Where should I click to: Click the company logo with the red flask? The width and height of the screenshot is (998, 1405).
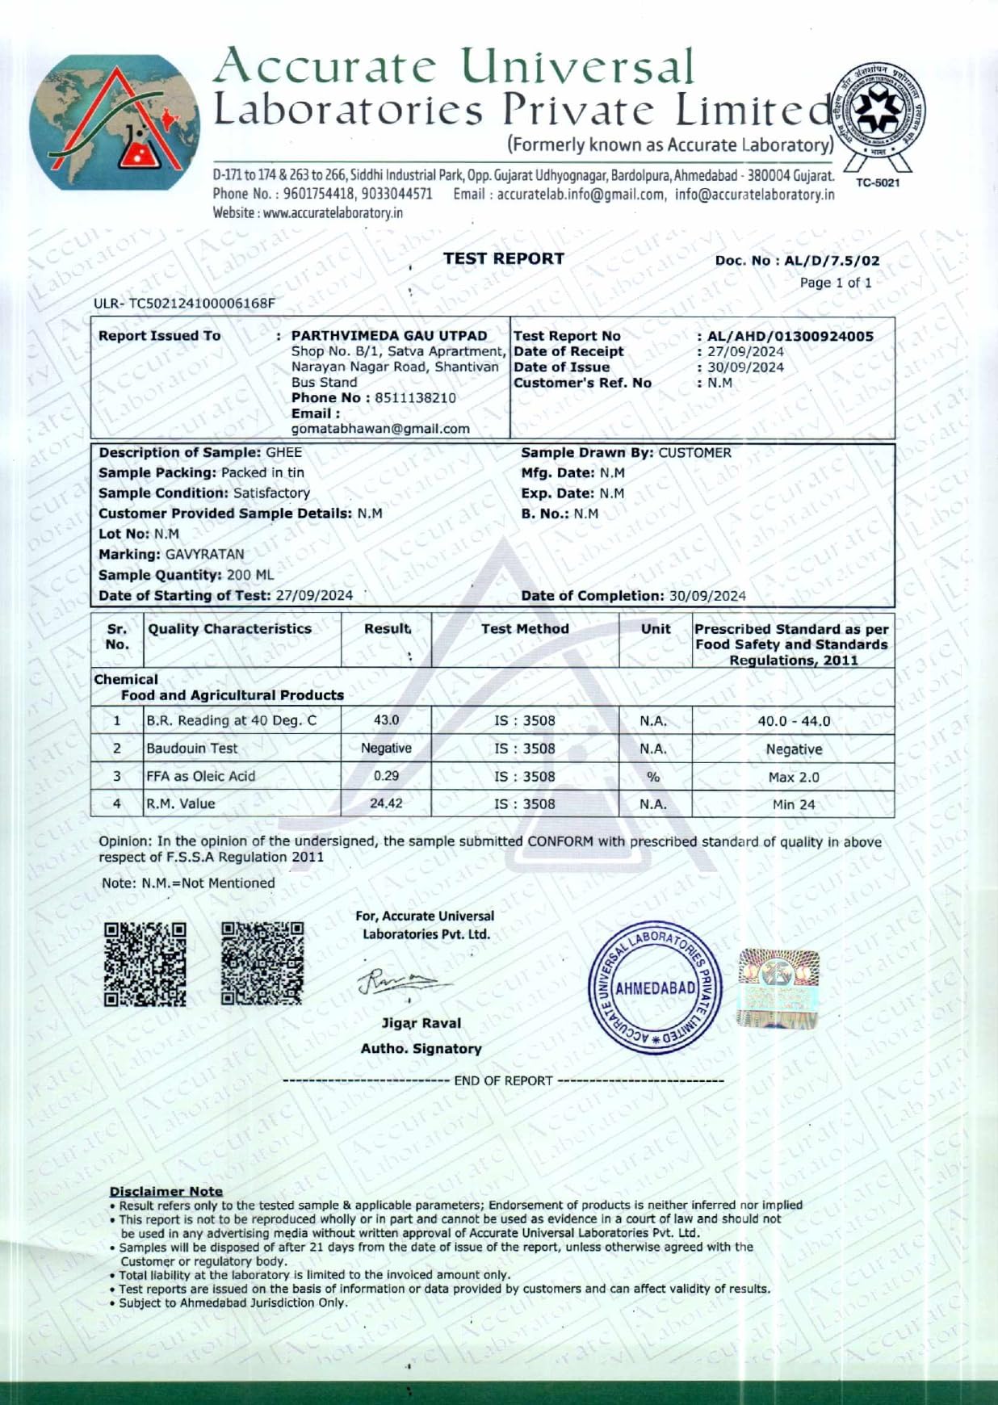115,123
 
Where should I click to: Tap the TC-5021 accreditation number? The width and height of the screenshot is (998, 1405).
877,182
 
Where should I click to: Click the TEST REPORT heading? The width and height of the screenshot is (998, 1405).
503,258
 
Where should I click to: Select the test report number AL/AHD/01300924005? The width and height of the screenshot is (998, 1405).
790,336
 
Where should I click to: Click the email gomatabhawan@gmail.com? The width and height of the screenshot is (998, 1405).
380,429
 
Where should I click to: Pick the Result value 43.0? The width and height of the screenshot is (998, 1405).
386,719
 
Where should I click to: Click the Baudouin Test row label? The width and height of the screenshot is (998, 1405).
191,749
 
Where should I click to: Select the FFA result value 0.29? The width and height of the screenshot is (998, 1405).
386,775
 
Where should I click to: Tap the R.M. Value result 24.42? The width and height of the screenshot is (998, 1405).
386,803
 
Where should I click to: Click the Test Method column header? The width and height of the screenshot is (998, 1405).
525,628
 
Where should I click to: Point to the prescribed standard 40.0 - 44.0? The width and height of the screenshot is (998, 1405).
793,721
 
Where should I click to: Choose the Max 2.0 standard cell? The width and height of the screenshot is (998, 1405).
793,777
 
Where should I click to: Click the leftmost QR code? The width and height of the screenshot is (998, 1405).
145,964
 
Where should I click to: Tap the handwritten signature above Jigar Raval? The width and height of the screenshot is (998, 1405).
403,982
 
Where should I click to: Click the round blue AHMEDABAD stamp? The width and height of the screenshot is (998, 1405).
655,988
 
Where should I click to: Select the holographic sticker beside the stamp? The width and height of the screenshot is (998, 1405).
778,988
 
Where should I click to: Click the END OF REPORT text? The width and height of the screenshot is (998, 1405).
503,1080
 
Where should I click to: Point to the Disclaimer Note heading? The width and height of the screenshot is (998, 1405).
166,1191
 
